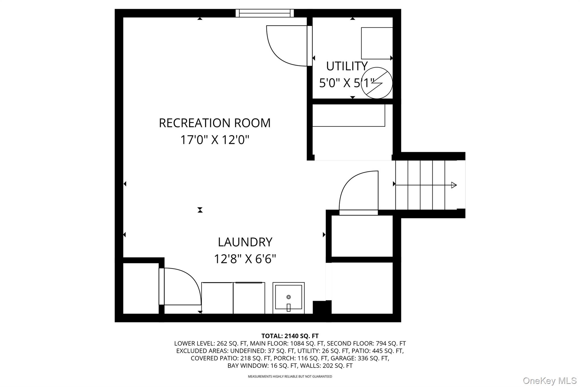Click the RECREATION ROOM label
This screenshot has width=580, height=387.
click(x=215, y=123)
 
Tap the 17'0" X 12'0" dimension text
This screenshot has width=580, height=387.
click(x=215, y=140)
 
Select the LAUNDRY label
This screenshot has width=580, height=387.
click(x=245, y=242)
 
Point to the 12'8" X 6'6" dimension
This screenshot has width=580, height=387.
click(x=245, y=259)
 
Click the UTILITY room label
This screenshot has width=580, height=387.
click(x=347, y=66)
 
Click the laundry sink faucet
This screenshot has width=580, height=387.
click(x=288, y=307)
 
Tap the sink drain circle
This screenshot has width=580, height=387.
click(x=289, y=297)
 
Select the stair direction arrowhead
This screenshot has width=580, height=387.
click(x=454, y=185)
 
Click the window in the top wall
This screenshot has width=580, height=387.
click(x=265, y=13)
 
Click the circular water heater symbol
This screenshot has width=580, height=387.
click(x=377, y=83)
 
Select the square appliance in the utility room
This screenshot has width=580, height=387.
click(x=377, y=43)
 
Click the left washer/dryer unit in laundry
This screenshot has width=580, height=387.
click(x=217, y=298)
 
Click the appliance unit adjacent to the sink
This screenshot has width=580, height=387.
click(x=249, y=298)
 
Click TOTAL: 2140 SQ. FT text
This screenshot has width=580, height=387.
click(x=290, y=336)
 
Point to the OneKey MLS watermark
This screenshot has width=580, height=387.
click(x=549, y=380)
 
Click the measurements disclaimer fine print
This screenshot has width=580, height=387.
click(x=290, y=377)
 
